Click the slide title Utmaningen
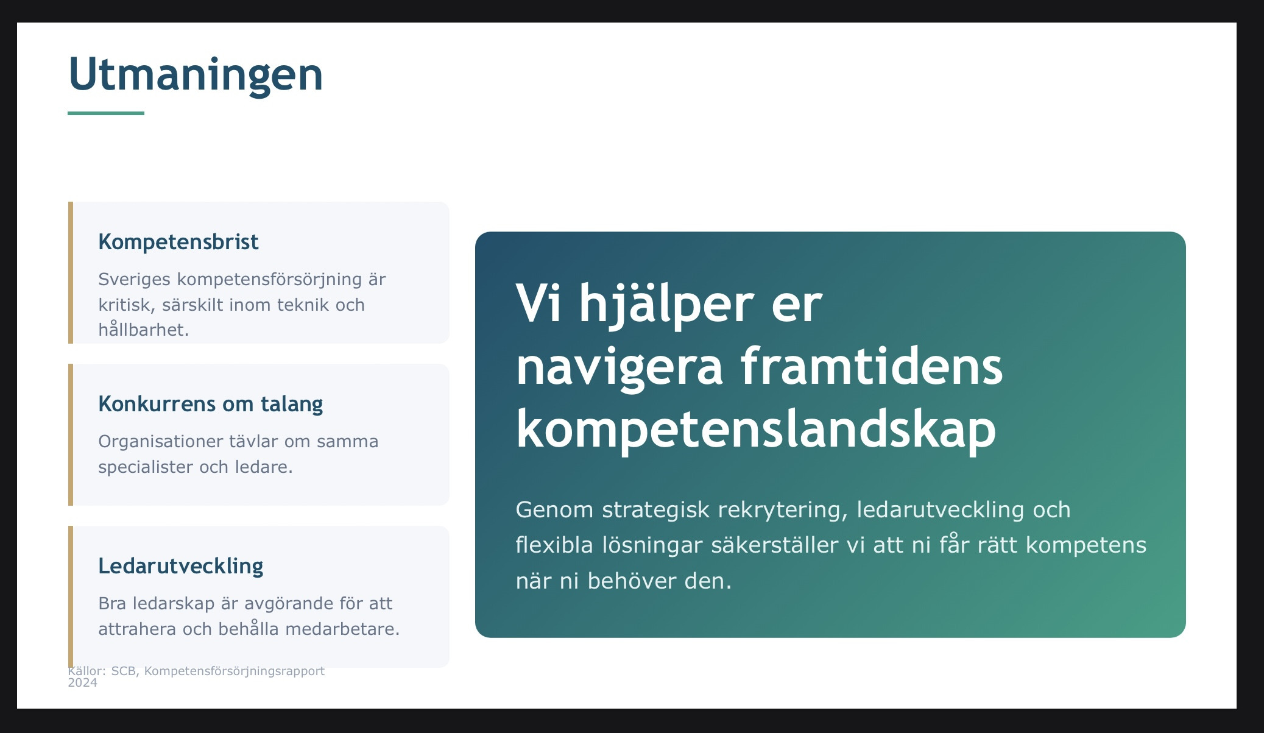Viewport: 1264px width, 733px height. [x=196, y=74]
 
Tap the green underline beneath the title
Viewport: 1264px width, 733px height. [x=106, y=113]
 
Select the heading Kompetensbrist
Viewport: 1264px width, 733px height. [x=178, y=242]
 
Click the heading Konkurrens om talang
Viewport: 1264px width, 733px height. [x=211, y=404]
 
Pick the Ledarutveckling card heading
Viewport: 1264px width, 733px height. [x=181, y=566]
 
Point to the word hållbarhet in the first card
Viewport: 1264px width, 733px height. [x=144, y=329]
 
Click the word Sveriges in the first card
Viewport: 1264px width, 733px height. [x=135, y=280]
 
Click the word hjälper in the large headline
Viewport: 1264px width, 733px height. [x=666, y=305]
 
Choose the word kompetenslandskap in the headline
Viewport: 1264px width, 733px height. [x=756, y=430]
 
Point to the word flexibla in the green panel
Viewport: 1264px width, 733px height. [x=554, y=545]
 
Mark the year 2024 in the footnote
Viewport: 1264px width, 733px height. [x=82, y=683]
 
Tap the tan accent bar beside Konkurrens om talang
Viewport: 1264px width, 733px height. [x=71, y=434]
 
